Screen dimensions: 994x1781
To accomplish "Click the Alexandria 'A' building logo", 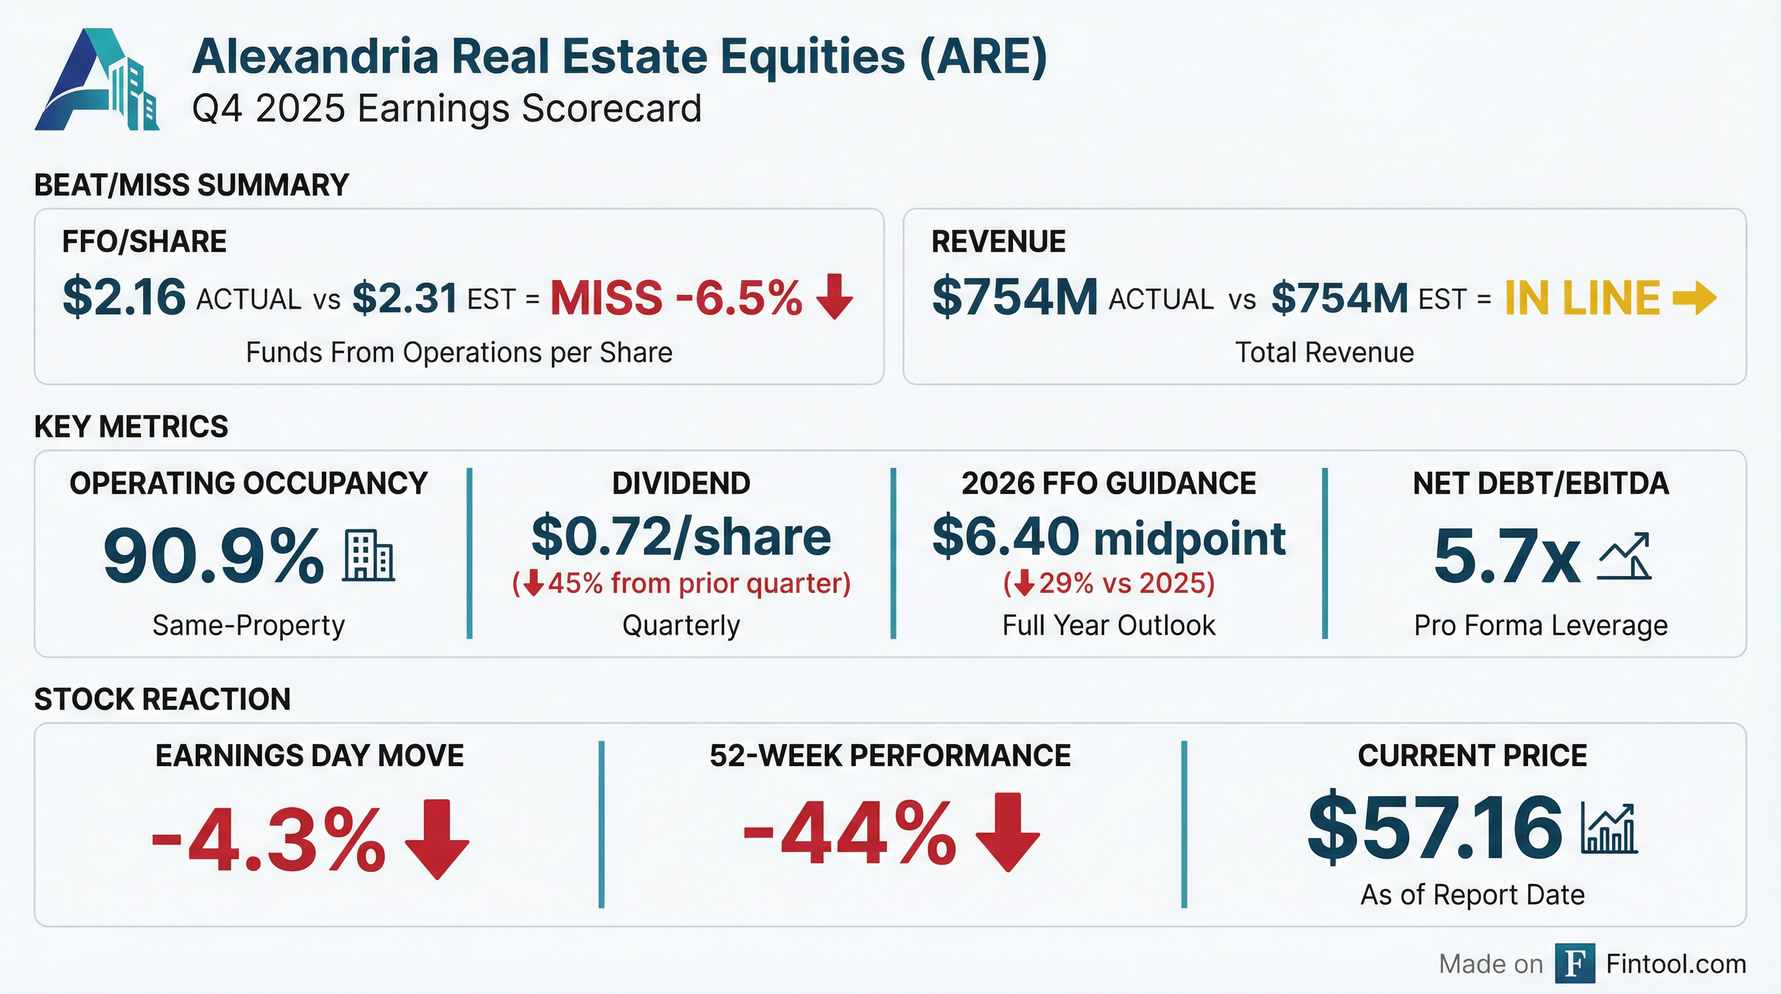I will [97, 80].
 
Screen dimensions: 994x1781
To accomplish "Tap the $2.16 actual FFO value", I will [124, 297].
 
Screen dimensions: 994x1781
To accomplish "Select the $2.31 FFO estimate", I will [405, 298].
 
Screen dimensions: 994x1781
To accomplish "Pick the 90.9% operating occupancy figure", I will [213, 556].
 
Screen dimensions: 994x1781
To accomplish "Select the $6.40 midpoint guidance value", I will [1109, 537].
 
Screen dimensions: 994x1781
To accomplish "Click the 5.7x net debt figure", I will [1507, 557].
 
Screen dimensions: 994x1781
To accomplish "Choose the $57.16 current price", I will [1435, 828].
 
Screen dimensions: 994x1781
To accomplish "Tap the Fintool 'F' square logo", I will [1575, 963].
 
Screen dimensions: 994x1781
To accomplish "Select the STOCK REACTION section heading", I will [162, 700].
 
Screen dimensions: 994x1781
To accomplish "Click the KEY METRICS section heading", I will [131, 426].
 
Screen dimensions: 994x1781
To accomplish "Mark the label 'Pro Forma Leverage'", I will [1541, 626].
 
